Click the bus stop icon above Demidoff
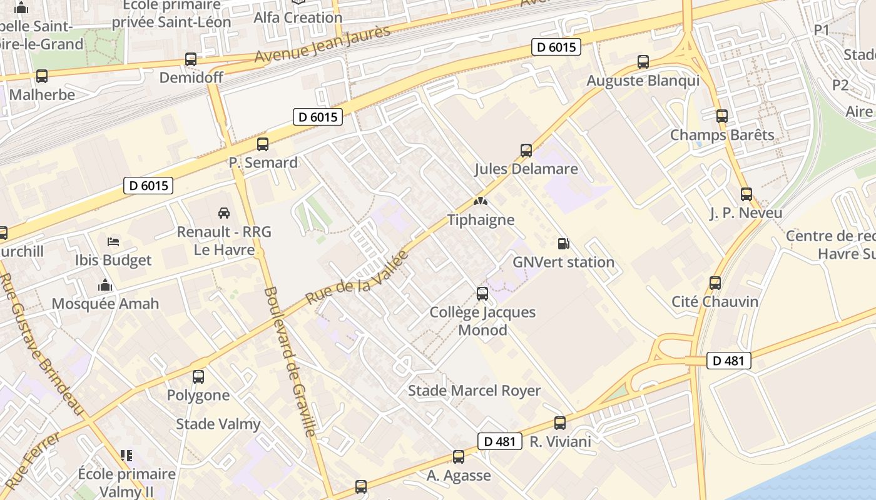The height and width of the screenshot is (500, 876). pyautogui.click(x=191, y=59)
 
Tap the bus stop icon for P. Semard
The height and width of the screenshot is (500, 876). pyautogui.click(x=263, y=144)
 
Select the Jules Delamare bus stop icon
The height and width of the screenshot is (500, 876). pyautogui.click(x=526, y=151)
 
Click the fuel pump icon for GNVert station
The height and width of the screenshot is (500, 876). pyautogui.click(x=563, y=244)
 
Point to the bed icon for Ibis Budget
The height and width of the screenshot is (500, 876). pyautogui.click(x=113, y=241)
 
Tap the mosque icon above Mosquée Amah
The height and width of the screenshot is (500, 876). pyautogui.click(x=105, y=286)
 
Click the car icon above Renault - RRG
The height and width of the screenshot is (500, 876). pyautogui.click(x=224, y=213)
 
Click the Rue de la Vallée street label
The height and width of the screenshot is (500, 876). pyautogui.click(x=357, y=277)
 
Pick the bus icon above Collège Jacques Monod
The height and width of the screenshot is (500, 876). pyautogui.click(x=482, y=294)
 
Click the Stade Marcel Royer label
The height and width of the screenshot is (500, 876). pyautogui.click(x=474, y=391)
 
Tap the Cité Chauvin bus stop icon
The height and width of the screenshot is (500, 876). pyautogui.click(x=715, y=283)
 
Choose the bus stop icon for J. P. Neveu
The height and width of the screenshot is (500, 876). pyautogui.click(x=746, y=194)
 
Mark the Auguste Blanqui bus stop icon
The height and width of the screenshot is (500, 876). pyautogui.click(x=643, y=62)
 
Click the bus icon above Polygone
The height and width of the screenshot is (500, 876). pyautogui.click(x=198, y=377)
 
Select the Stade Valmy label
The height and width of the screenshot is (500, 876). pyautogui.click(x=218, y=424)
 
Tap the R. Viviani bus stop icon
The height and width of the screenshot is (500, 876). pyautogui.click(x=560, y=423)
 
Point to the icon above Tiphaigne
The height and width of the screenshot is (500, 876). pyautogui.click(x=480, y=202)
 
